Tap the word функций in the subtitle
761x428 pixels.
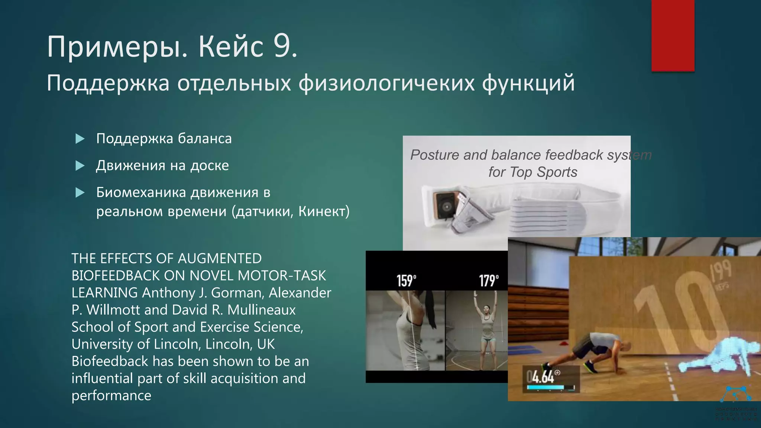tap(528, 83)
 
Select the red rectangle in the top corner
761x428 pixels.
tap(673, 35)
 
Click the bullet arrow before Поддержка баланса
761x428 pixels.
tap(80, 139)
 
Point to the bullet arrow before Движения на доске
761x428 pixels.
tap(80, 166)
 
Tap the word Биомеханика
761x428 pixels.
tap(141, 192)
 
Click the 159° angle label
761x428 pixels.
tap(406, 281)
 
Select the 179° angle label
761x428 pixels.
tap(489, 281)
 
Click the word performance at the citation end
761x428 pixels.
tap(111, 396)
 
